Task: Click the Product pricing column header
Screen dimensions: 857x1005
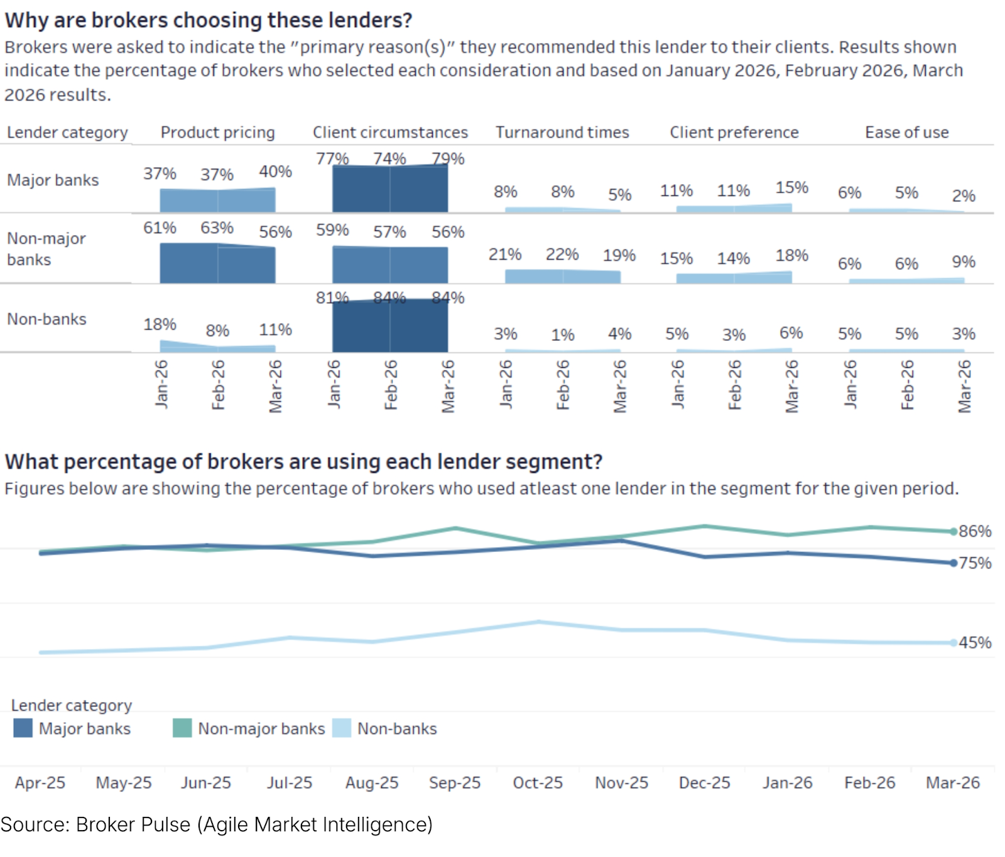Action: (217, 132)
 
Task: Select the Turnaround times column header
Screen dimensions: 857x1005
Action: (562, 132)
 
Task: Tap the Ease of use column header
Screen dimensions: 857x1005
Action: (906, 132)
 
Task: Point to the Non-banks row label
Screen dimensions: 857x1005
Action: (46, 319)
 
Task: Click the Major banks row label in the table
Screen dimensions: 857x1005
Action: (53, 180)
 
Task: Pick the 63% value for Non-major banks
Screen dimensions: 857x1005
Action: (217, 228)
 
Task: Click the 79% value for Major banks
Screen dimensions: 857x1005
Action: (448, 159)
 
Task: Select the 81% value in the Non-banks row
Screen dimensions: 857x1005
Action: (332, 298)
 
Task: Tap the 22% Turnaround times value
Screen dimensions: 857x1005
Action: (562, 254)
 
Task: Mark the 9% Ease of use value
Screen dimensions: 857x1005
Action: (964, 262)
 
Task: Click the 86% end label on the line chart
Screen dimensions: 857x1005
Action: (975, 531)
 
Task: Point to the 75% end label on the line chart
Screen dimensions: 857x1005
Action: (975, 563)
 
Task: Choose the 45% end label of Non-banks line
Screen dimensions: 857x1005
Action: (975, 643)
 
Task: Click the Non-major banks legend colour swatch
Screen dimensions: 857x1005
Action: (182, 728)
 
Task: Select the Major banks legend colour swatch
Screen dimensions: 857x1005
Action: (23, 728)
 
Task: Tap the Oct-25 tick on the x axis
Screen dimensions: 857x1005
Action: (538, 783)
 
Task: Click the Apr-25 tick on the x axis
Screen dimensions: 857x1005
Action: (40, 783)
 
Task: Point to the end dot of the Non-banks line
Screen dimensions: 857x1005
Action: (953, 643)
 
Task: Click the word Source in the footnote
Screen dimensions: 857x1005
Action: (35, 824)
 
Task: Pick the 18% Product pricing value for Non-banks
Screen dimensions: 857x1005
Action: (160, 325)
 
